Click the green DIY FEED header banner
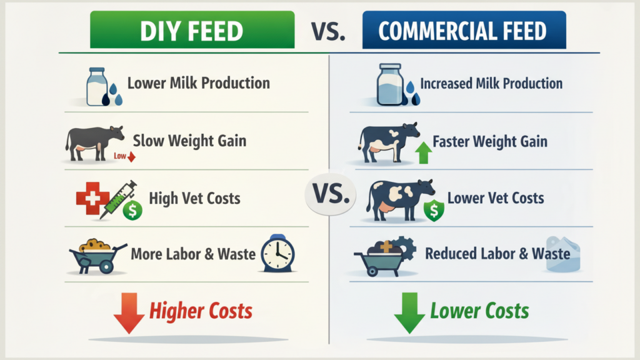click(x=192, y=30)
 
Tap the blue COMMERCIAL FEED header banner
click(x=464, y=30)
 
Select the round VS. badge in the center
click(x=331, y=195)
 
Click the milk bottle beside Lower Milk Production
click(x=97, y=87)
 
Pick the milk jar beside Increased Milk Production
click(x=390, y=84)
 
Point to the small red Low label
click(x=120, y=156)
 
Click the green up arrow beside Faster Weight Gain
click(x=424, y=152)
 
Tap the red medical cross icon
click(x=92, y=198)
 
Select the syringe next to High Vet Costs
click(x=118, y=199)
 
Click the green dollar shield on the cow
click(x=434, y=210)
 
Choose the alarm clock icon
click(x=278, y=254)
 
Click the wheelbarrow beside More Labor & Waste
click(x=97, y=256)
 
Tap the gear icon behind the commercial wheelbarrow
click(x=405, y=248)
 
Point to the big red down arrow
click(x=129, y=313)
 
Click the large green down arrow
click(x=409, y=313)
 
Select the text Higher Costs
click(x=201, y=311)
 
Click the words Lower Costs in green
click(x=479, y=311)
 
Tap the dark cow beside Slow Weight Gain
click(x=94, y=142)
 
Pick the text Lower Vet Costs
click(x=496, y=198)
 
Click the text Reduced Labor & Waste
click(x=497, y=254)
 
